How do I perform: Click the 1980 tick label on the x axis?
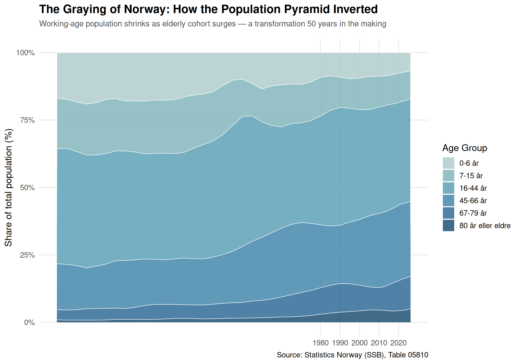pyautogui.click(x=320, y=343)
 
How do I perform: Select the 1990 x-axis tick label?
pyautogui.click(x=340, y=343)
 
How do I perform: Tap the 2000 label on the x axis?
pyautogui.click(x=359, y=343)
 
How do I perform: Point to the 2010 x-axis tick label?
pyautogui.click(x=379, y=343)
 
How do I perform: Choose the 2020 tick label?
pyautogui.click(x=398, y=343)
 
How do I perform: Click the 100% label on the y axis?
pyautogui.click(x=26, y=53)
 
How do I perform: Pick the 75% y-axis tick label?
pyautogui.click(x=28, y=120)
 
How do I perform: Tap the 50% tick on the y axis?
pyautogui.click(x=28, y=188)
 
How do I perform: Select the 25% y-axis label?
pyautogui.click(x=28, y=255)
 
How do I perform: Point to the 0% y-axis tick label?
pyautogui.click(x=30, y=323)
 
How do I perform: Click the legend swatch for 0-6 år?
pyautogui.click(x=448, y=163)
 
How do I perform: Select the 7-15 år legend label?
pyautogui.click(x=471, y=176)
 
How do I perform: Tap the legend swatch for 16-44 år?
pyautogui.click(x=448, y=188)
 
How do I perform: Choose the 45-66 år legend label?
pyautogui.click(x=473, y=201)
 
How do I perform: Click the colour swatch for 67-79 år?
pyautogui.click(x=448, y=213)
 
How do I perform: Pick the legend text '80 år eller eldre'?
pyautogui.click(x=485, y=226)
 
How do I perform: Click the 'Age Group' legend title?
pyautogui.click(x=465, y=148)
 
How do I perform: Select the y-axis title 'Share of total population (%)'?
pyautogui.click(x=9, y=188)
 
